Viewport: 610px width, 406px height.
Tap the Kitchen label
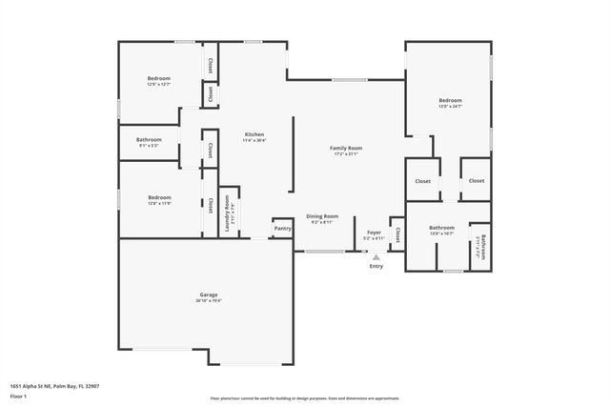254,134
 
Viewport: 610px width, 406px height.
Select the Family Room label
346,148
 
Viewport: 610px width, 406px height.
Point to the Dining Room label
320,216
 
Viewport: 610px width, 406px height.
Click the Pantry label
282,229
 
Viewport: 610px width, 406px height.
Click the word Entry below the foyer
376,266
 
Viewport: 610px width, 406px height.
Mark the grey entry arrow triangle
376,255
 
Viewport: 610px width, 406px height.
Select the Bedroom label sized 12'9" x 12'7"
158,78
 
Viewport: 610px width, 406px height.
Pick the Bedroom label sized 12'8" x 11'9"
158,197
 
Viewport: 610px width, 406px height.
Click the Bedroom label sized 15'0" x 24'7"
450,100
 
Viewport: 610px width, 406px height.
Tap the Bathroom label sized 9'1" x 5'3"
149,140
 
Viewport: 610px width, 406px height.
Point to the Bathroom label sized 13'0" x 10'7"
441,228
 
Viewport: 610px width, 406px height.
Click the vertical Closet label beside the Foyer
396,232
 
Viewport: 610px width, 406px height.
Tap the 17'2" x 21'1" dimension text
346,154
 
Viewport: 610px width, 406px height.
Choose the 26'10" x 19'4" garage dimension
209,301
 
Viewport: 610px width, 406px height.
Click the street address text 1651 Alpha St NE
54,386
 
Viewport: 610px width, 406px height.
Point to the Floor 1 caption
18,395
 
